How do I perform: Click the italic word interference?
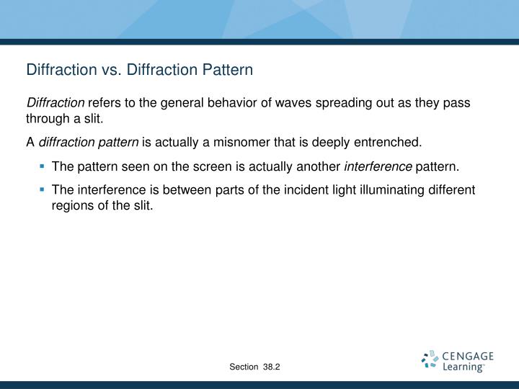click(x=378, y=167)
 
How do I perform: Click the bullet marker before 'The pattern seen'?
click(x=43, y=167)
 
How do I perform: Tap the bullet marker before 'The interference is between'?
click(x=43, y=189)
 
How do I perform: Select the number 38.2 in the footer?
click(x=272, y=367)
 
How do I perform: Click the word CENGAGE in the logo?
click(x=468, y=356)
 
